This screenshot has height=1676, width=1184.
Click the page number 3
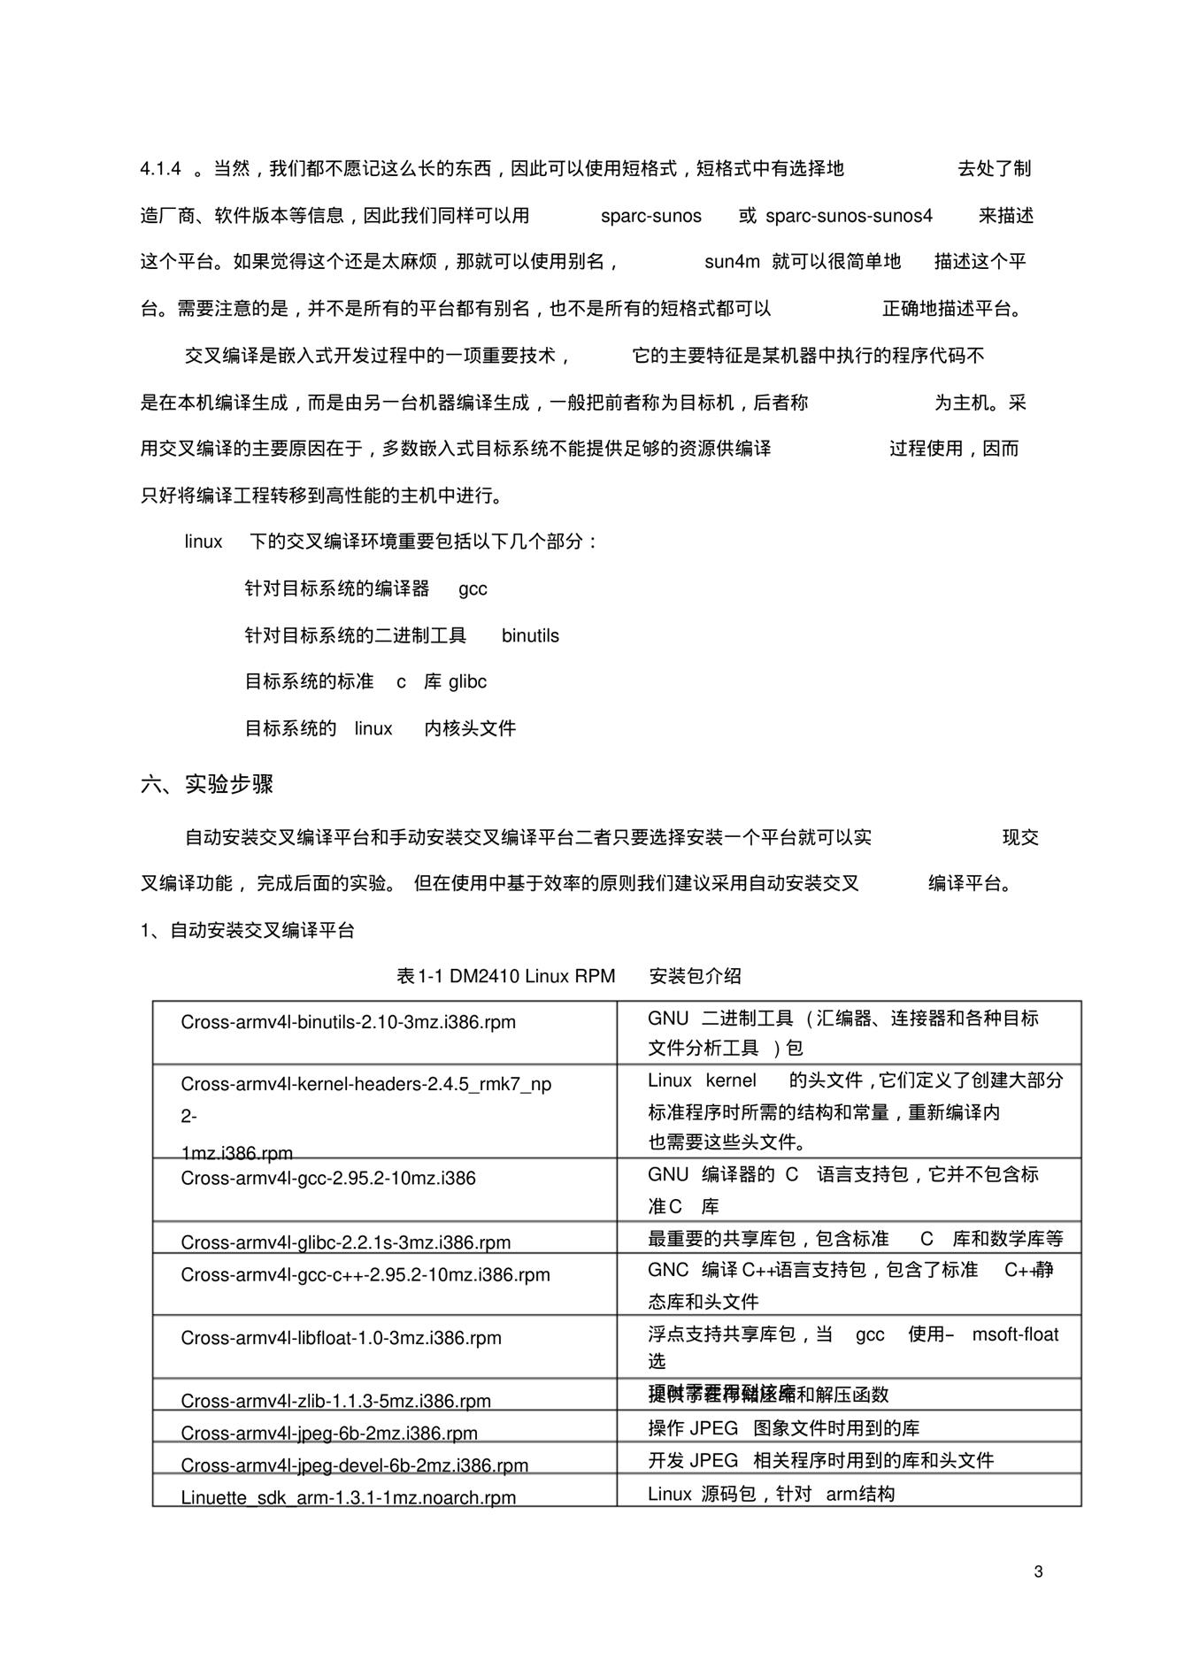(x=1038, y=1572)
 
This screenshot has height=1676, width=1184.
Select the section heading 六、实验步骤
(x=207, y=784)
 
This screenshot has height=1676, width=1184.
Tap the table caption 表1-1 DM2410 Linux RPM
(x=505, y=976)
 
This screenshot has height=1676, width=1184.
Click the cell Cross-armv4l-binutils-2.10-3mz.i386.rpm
(x=348, y=1022)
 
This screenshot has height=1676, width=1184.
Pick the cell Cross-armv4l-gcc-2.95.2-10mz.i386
(x=328, y=1178)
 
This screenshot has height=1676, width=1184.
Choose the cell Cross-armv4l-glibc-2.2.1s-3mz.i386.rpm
(x=346, y=1242)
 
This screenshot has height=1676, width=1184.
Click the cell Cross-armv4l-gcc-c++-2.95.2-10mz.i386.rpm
(x=365, y=1274)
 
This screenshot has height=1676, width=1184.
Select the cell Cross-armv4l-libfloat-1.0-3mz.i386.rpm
(x=341, y=1337)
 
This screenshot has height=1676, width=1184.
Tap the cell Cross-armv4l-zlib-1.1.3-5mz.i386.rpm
(x=335, y=1401)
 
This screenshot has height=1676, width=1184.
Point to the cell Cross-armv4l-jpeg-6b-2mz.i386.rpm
(x=329, y=1433)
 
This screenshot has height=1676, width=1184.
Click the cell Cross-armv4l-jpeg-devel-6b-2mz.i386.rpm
(x=354, y=1465)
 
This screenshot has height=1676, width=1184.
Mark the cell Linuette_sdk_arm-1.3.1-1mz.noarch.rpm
(x=348, y=1497)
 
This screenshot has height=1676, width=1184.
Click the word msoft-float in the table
(x=1015, y=1334)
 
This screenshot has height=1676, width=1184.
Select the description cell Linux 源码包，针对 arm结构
(x=771, y=1494)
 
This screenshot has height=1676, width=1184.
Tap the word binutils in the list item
(x=530, y=635)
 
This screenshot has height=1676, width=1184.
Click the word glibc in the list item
(x=467, y=681)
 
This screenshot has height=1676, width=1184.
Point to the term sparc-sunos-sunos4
(x=849, y=216)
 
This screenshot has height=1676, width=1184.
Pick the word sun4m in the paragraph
(x=732, y=262)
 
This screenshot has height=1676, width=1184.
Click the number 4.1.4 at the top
(x=160, y=169)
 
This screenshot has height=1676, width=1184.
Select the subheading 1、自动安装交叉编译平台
(x=248, y=930)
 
